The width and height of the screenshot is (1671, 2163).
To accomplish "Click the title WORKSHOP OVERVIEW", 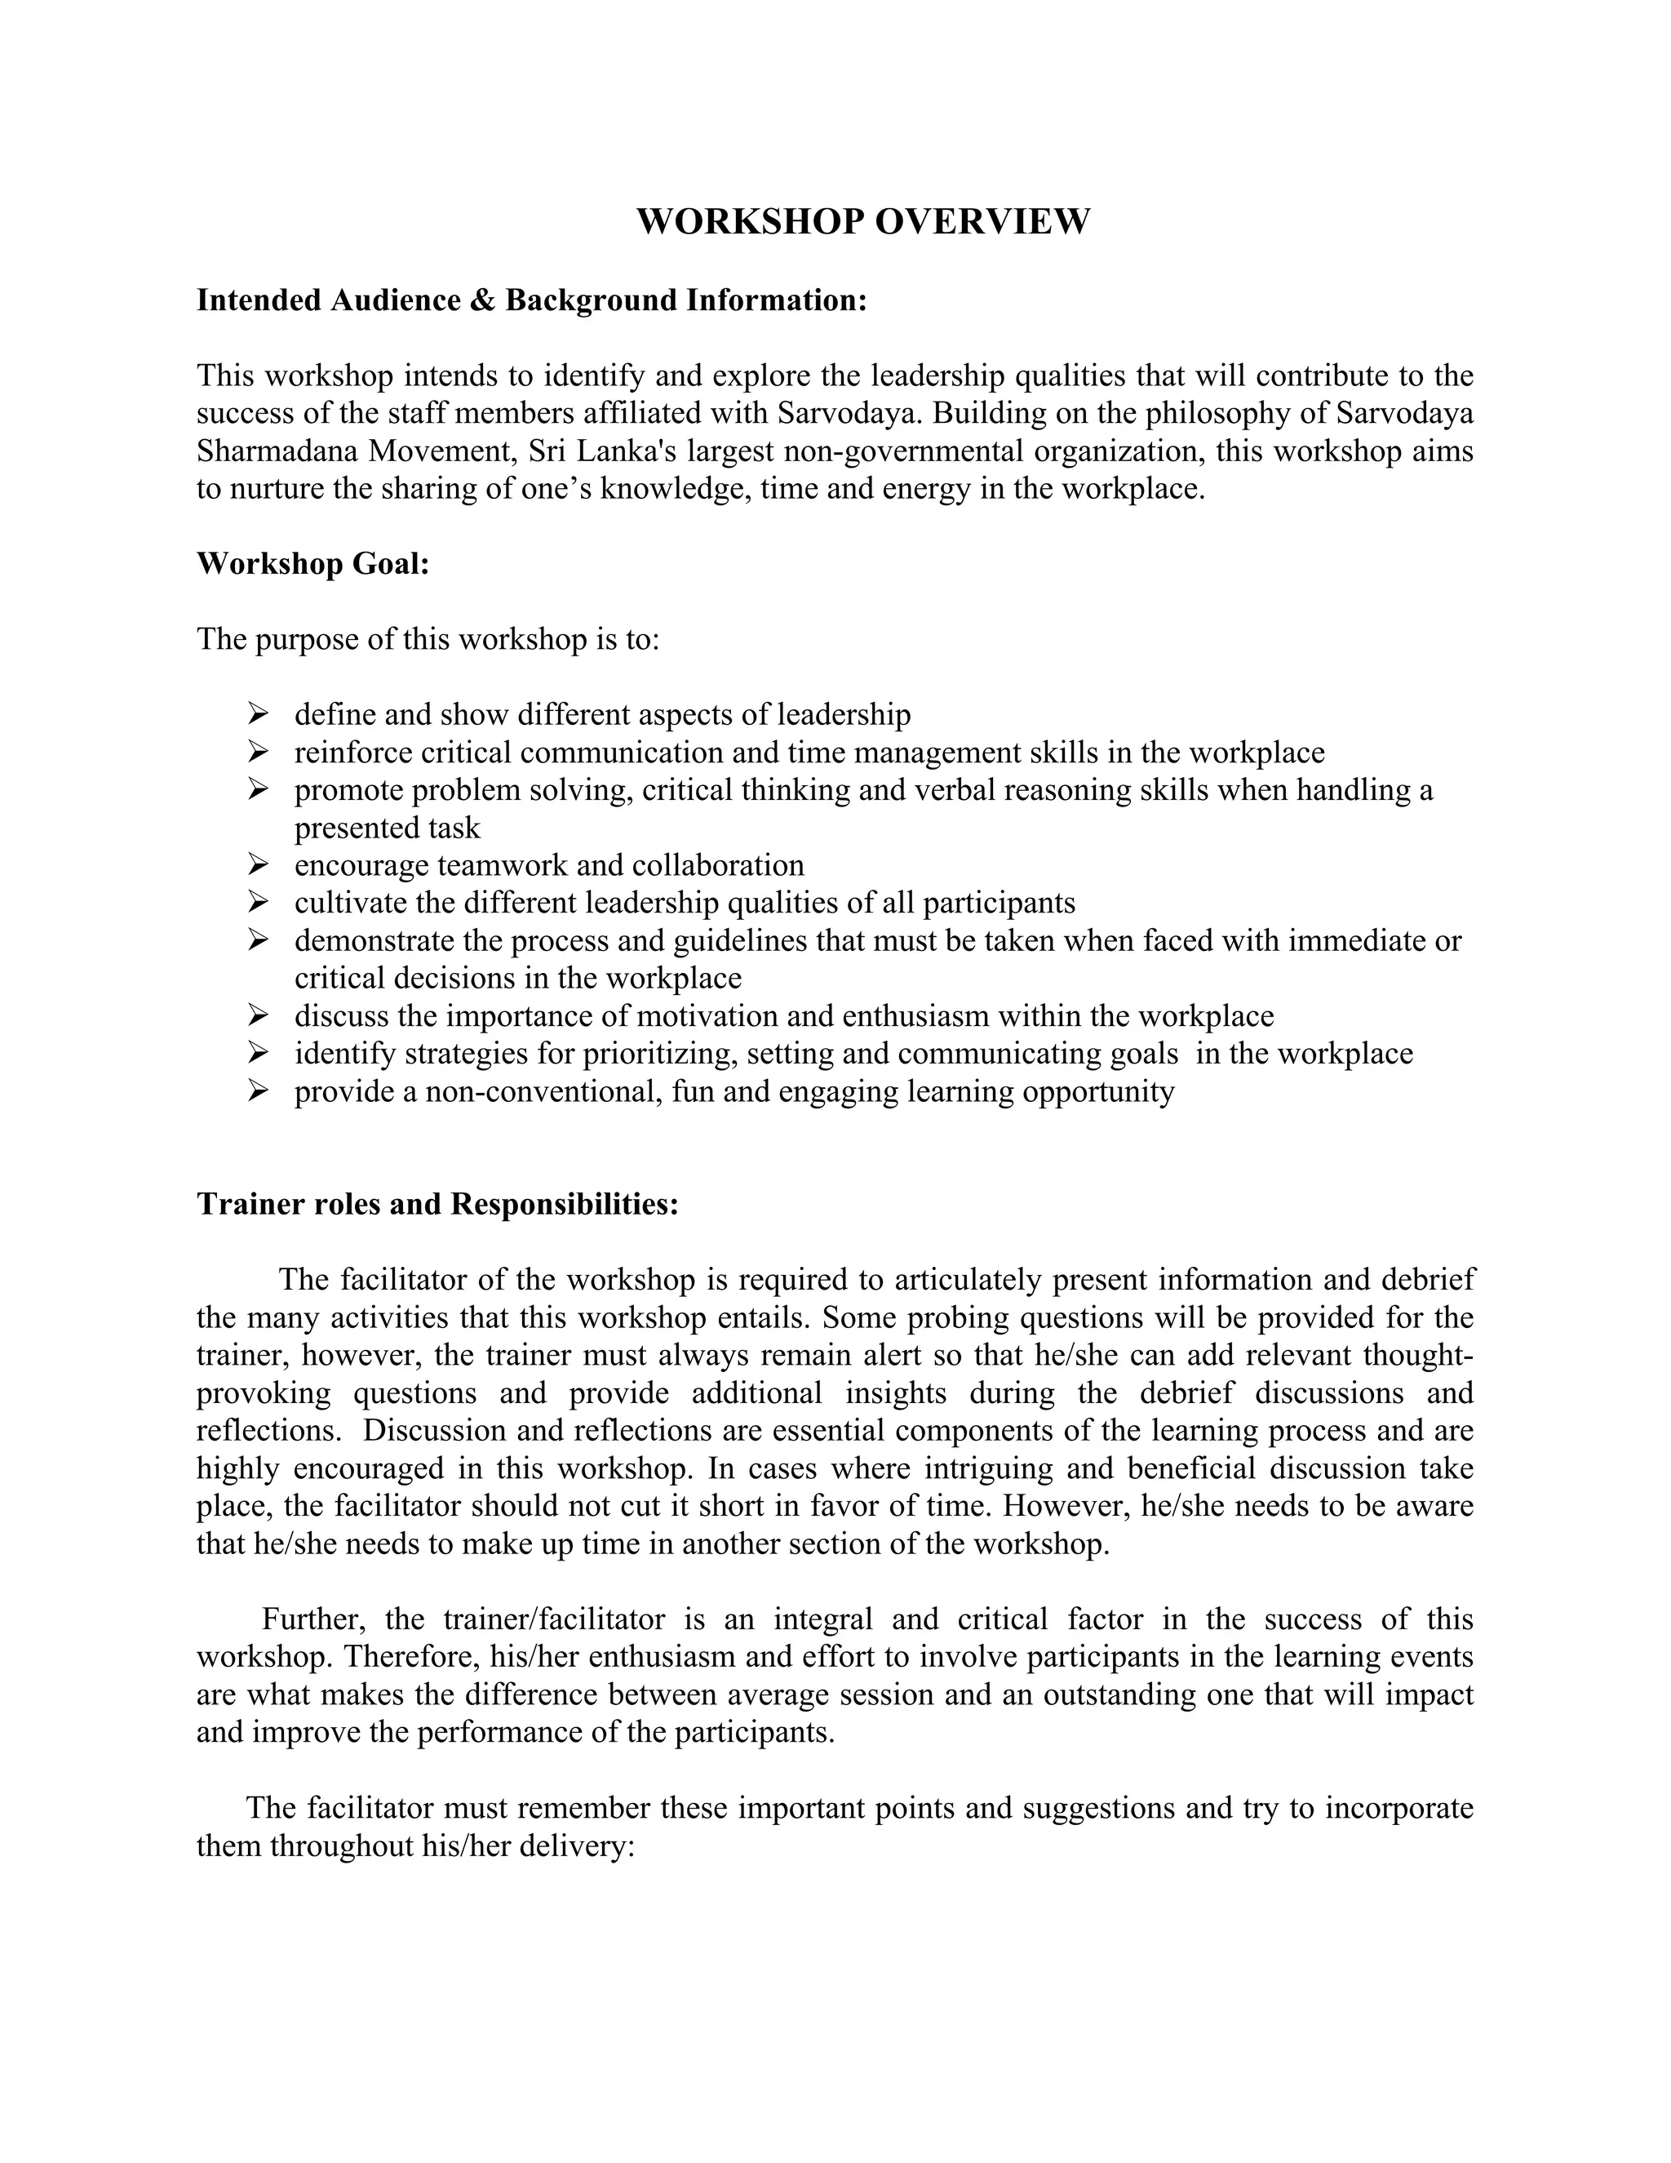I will pyautogui.click(x=862, y=221).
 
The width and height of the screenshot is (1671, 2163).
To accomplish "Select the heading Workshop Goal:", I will pyautogui.click(x=312, y=563).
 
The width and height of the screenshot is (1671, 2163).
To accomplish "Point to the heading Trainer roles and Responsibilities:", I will pyautogui.click(x=437, y=1204).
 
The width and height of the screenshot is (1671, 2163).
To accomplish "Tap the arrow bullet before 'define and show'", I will pyautogui.click(x=259, y=713).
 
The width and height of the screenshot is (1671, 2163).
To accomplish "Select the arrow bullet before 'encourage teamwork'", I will pyautogui.click(x=259, y=864).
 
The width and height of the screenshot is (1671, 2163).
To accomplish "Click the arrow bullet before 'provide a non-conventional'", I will pyautogui.click(x=259, y=1090).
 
